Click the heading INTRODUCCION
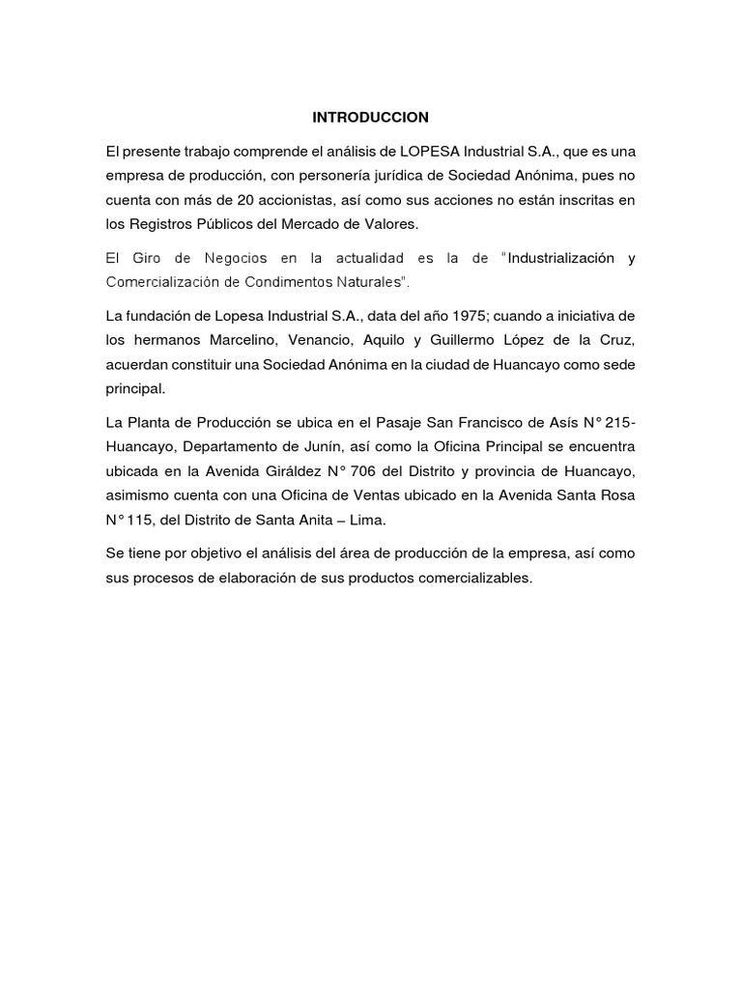370,117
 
